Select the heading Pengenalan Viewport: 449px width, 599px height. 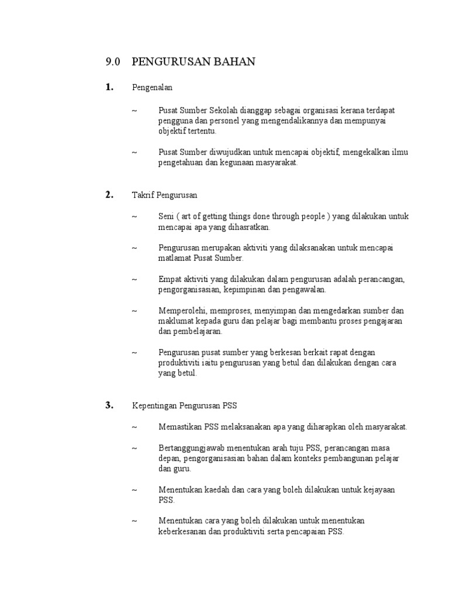pos(153,88)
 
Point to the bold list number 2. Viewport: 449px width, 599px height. pos(109,195)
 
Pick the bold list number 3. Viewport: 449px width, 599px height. pos(109,405)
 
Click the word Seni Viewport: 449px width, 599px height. pos(166,217)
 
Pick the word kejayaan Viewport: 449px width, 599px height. pos(380,490)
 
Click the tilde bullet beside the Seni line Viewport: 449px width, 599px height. pos(134,217)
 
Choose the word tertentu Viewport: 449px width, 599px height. pos(199,131)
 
